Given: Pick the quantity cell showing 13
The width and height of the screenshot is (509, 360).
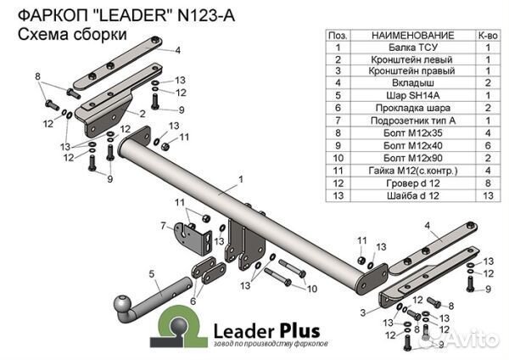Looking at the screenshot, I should pyautogui.click(x=488, y=194).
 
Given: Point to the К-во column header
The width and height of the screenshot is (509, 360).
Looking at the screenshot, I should pyautogui.click(x=488, y=37).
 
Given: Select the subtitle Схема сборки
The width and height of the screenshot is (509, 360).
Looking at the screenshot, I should pyautogui.click(x=72, y=35).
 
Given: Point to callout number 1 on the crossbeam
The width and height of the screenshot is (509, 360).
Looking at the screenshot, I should pyautogui.click(x=241, y=179).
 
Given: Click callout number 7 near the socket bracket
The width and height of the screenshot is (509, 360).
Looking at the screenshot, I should pyautogui.click(x=162, y=225).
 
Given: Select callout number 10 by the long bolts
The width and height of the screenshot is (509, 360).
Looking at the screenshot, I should pyautogui.click(x=311, y=289).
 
